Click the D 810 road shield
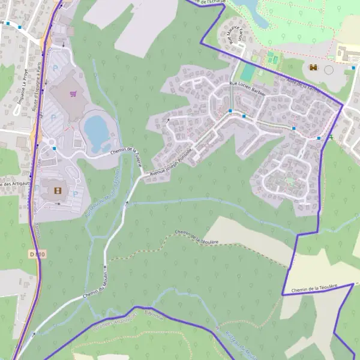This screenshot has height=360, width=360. click(x=36, y=254)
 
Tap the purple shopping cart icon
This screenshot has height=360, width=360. click(x=74, y=94)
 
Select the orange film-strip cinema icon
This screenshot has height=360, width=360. click(x=58, y=191)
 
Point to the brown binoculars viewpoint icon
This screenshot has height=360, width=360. click(x=313, y=68)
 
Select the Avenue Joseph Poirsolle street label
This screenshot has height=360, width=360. click(x=171, y=163)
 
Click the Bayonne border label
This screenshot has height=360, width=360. click(x=154, y=316)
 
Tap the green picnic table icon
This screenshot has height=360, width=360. click(x=329, y=137)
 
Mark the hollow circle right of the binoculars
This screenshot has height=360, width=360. click(x=328, y=70)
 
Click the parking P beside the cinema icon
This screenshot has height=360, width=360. click(x=76, y=194)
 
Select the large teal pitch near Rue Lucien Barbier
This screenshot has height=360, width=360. click(x=247, y=72)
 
